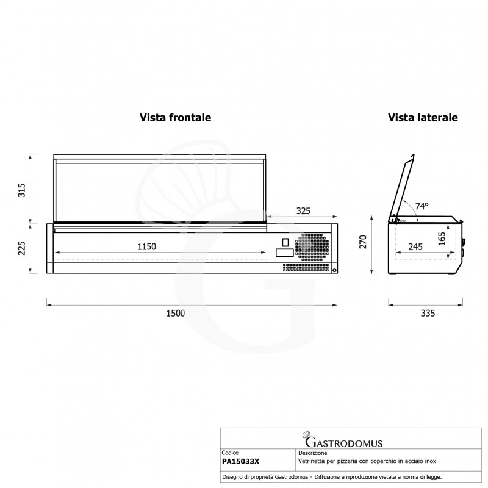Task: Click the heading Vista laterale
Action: [x=423, y=117]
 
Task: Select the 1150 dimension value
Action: [x=146, y=246]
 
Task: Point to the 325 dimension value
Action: [x=303, y=211]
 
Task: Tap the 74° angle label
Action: [x=422, y=206]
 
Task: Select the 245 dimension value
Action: [x=416, y=246]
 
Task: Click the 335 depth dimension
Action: [x=427, y=314]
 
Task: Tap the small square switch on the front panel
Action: [x=284, y=240]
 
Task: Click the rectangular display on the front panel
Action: [x=284, y=253]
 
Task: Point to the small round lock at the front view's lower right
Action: [x=334, y=270]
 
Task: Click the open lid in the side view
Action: [x=405, y=186]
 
